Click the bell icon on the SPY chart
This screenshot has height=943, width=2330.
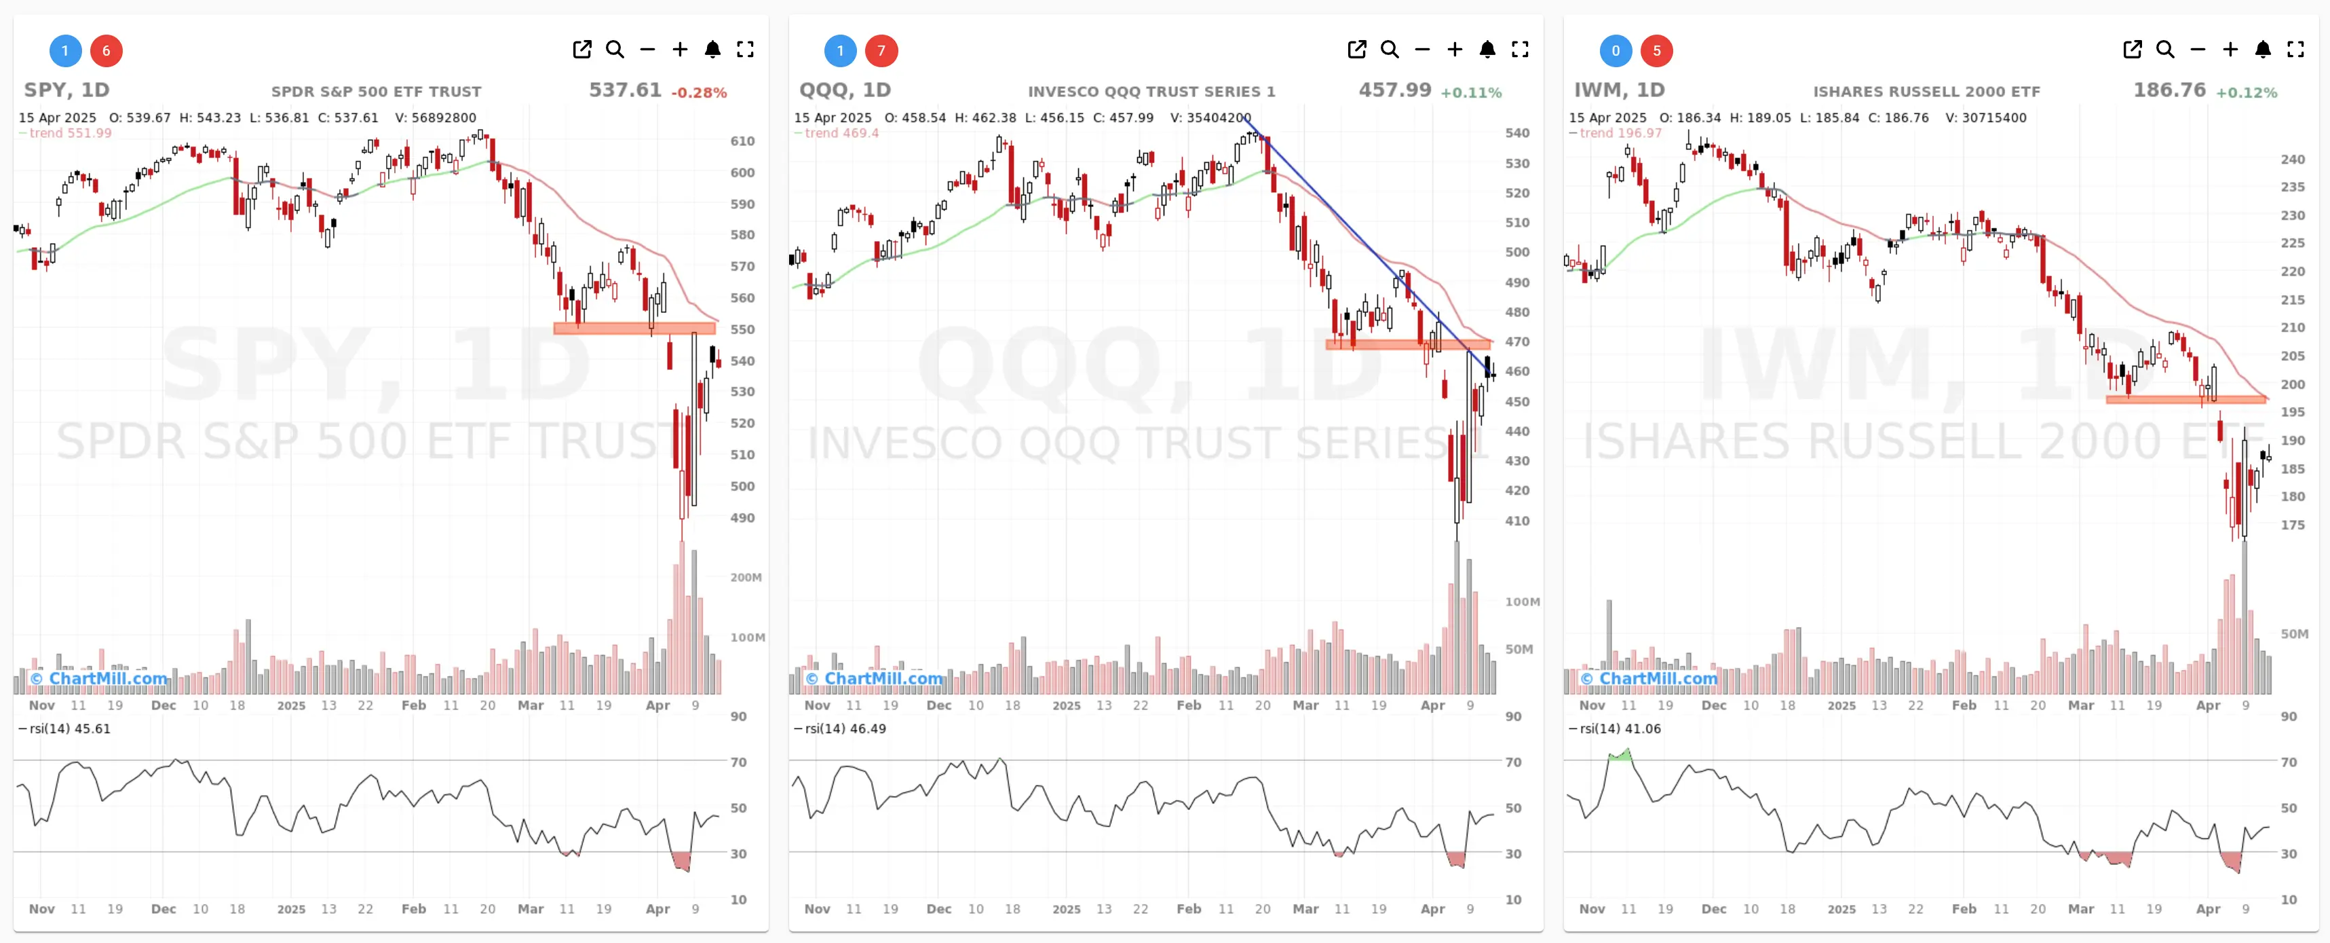[712, 50]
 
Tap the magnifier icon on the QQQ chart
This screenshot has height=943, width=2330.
[1390, 50]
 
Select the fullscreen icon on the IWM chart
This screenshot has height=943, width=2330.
[2295, 50]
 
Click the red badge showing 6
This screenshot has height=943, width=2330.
[106, 51]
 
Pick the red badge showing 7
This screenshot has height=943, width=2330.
[881, 51]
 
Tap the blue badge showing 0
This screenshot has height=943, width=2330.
[1616, 51]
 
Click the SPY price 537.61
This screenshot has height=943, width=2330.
[625, 90]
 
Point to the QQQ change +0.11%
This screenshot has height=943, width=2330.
[1471, 92]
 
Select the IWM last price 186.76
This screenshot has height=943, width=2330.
[2169, 90]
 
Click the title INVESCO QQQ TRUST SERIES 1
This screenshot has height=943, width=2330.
[1151, 92]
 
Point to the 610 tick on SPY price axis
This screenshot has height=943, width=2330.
[742, 141]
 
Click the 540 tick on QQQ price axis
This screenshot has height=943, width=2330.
[1517, 133]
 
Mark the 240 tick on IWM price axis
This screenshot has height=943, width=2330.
[2292, 160]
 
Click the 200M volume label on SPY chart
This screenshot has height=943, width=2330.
[745, 577]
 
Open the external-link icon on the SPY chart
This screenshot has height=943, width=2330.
[582, 50]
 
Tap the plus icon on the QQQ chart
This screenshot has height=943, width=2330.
[1455, 50]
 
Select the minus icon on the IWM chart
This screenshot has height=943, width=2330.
[2197, 50]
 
